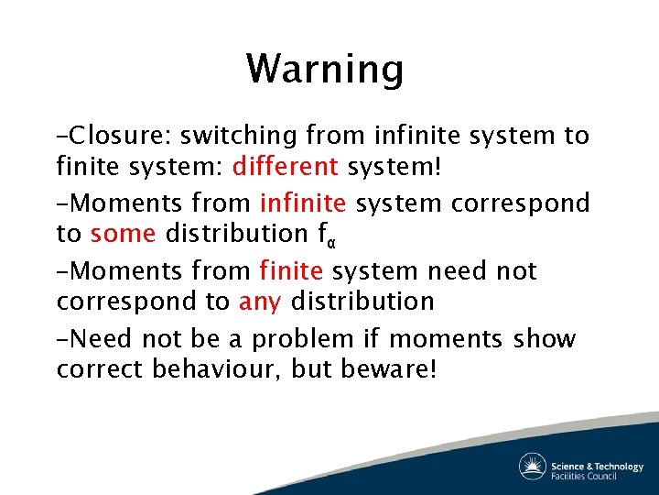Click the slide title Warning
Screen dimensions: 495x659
(x=324, y=69)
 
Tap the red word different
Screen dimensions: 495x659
(x=286, y=167)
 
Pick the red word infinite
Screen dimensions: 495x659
(x=303, y=202)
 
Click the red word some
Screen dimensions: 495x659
(x=124, y=233)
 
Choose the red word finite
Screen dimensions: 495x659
(x=292, y=270)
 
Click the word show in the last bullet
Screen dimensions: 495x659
(x=545, y=339)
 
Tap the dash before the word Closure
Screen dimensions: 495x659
(x=62, y=137)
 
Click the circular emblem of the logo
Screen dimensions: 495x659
(x=533, y=466)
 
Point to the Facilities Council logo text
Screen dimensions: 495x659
(x=583, y=476)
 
